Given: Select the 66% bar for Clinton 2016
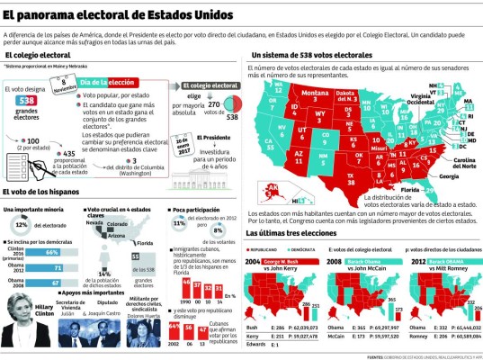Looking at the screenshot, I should point(56,254).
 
